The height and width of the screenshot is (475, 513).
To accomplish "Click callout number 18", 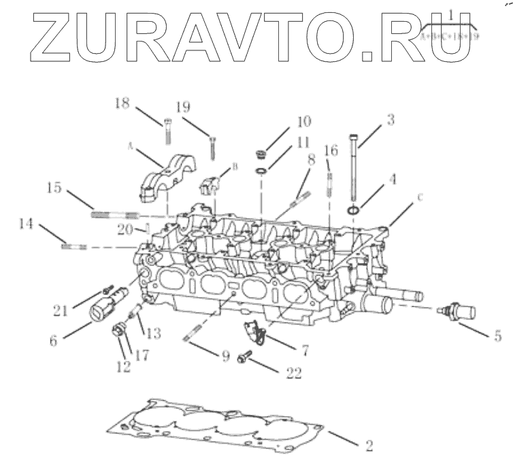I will (122, 103).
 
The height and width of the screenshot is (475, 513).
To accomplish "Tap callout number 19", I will (182, 107).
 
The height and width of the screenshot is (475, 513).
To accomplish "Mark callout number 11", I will (303, 144).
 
